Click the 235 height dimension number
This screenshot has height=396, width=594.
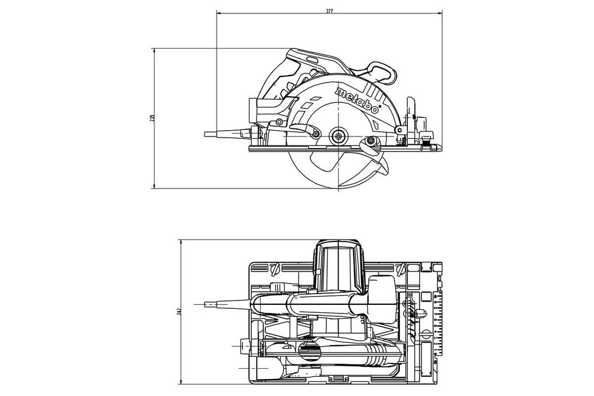[152, 118]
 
